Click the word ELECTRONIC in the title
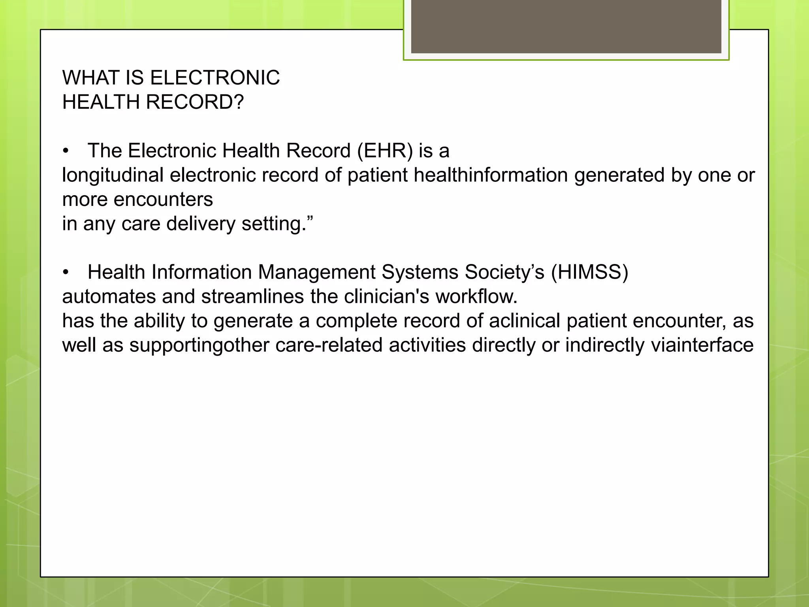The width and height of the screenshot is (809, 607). (x=215, y=77)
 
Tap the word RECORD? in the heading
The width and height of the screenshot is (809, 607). (x=195, y=102)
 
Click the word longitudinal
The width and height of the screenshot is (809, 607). (x=113, y=175)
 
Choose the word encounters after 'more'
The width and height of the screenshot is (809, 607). (x=163, y=200)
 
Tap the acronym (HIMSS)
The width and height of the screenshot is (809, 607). (x=589, y=272)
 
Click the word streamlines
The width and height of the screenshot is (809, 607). (x=252, y=296)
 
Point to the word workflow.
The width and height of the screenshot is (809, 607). (x=476, y=296)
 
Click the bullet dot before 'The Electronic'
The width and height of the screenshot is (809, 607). (x=66, y=151)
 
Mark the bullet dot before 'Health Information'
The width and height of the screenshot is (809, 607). (x=66, y=273)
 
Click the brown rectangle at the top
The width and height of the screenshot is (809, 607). (x=566, y=26)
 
